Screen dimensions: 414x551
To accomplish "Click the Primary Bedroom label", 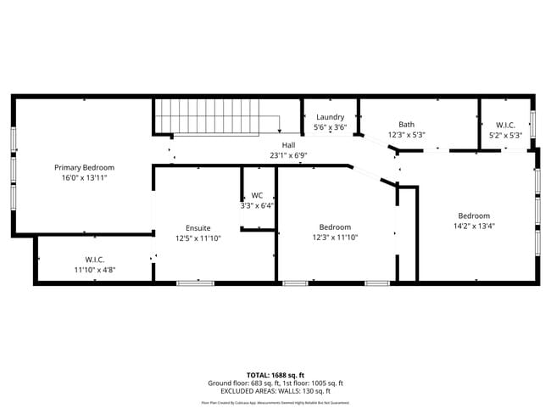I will point(85,167).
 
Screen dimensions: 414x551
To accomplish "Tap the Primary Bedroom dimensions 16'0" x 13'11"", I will point(85,179).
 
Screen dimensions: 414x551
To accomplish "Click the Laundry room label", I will point(330,117).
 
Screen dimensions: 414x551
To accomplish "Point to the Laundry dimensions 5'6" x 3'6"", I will point(330,127).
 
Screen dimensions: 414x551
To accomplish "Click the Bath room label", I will point(407,124).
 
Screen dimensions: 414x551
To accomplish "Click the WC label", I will point(257,195).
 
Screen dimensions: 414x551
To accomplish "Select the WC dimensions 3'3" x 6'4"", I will point(257,205).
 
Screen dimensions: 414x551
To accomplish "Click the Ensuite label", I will point(198,227).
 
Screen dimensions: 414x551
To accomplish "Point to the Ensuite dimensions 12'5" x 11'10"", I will point(198,238).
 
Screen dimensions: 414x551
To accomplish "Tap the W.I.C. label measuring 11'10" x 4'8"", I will point(94,259).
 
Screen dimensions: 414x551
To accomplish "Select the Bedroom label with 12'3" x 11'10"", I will point(335,227).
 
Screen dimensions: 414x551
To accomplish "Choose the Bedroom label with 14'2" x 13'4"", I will point(474,215).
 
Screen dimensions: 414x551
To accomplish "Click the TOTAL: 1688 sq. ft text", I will point(275,374).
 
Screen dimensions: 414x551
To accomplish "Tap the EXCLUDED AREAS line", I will point(275,391).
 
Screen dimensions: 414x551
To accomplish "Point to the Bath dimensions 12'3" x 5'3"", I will point(407,134).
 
